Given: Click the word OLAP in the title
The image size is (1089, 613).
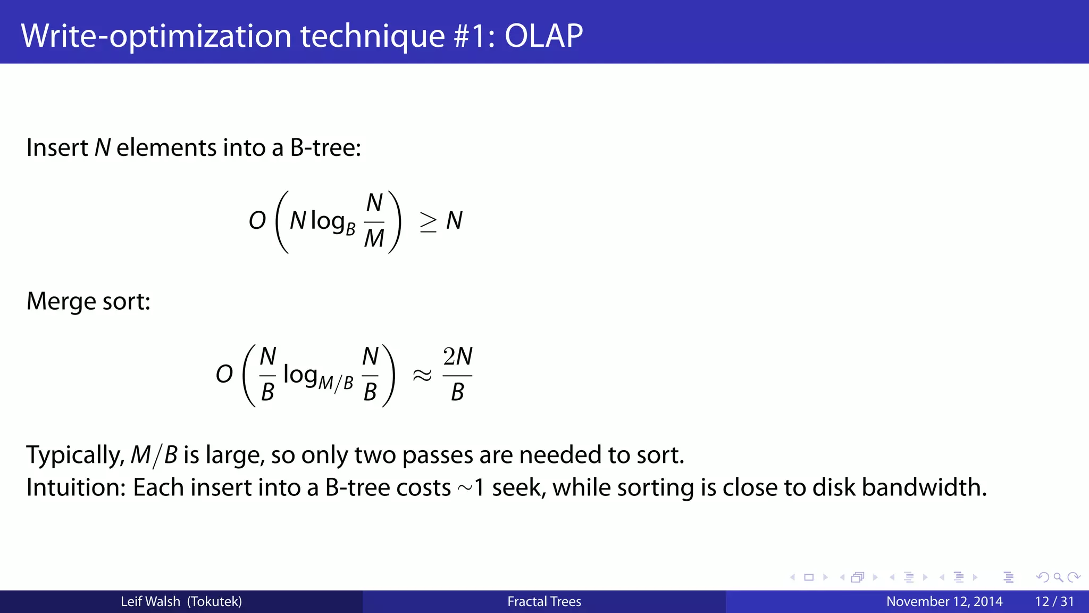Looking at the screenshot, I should coord(543,36).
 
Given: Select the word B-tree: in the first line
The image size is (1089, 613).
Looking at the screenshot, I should coord(325,147).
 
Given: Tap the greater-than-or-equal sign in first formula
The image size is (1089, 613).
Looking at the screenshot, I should coord(428,222).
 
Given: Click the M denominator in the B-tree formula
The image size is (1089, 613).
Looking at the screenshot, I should coord(374,238).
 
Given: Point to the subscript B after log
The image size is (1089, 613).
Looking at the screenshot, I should coord(350,229).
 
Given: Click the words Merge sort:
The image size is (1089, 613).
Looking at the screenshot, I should coord(88,301).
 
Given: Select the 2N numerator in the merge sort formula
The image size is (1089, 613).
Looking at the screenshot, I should coord(457,357).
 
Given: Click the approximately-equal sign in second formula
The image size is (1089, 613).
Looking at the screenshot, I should coord(422,376).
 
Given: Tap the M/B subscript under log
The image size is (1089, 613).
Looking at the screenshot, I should coord(336,383).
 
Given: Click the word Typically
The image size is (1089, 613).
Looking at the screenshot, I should coord(75,455).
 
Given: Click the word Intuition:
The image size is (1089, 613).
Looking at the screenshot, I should coord(76,487).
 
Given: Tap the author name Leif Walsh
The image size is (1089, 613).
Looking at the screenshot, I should coord(150,601).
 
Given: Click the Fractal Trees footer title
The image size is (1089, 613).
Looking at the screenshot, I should coord(544,601).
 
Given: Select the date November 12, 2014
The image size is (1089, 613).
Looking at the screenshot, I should coord(944,601).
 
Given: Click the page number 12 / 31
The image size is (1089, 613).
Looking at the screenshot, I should coord(1054,601).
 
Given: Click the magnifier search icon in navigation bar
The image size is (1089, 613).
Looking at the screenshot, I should coord(1058,577).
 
